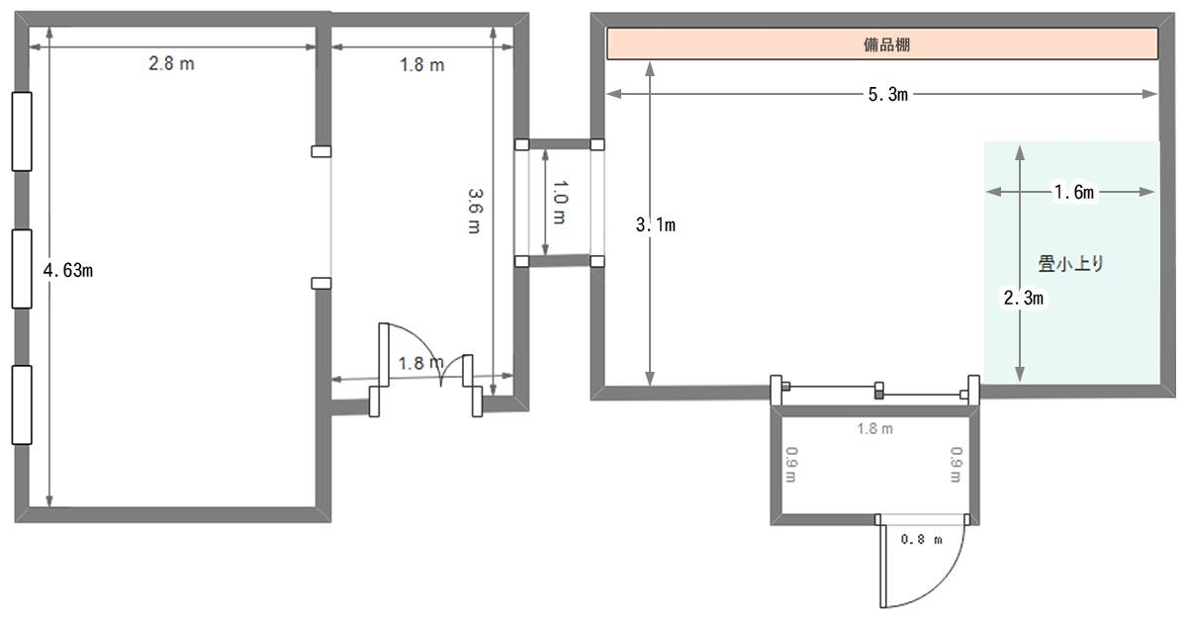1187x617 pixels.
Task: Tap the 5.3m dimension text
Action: coord(884,95)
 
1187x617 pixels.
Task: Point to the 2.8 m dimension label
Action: coord(172,64)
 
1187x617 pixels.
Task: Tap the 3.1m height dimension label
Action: coord(655,224)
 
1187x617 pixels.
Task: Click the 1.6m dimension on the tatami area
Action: coord(1072,193)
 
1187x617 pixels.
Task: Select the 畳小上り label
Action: coord(1069,264)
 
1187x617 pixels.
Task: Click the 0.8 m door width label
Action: coord(921,540)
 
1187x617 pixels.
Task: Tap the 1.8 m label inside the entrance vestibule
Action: coord(874,429)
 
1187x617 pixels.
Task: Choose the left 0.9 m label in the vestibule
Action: coord(791,464)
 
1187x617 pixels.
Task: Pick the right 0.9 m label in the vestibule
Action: coord(957,464)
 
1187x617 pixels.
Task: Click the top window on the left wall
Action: coord(22,131)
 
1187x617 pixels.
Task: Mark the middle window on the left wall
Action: coord(22,268)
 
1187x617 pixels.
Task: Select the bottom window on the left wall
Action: coord(22,404)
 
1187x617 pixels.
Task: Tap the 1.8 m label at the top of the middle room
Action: coord(421,65)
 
